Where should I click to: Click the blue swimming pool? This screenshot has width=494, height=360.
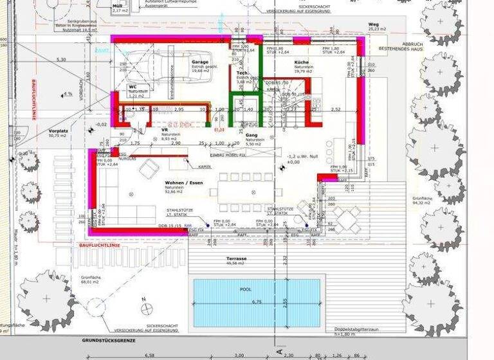click(257, 302)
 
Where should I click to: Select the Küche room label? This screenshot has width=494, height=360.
click(302, 62)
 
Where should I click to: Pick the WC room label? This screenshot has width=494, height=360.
click(133, 86)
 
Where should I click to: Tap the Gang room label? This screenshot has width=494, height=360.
click(252, 135)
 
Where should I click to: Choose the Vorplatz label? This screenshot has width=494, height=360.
click(58, 131)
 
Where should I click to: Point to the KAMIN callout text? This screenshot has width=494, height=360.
click(205, 166)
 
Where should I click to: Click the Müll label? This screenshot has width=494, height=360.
click(118, 5)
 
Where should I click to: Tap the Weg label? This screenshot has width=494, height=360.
click(374, 24)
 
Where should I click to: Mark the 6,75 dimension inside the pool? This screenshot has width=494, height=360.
click(257, 301)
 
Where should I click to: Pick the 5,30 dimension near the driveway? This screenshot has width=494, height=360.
click(62, 59)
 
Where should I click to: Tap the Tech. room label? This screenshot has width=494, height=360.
click(242, 73)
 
